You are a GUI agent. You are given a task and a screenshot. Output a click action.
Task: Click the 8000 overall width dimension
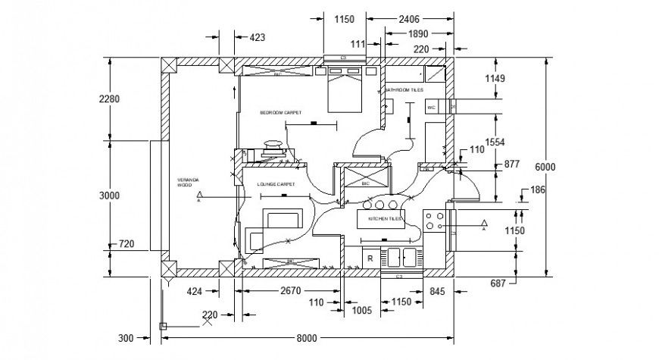point(306,338)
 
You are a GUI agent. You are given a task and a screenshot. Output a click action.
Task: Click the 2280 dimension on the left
point(110,99)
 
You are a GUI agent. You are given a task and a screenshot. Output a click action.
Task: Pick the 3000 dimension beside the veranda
point(110,195)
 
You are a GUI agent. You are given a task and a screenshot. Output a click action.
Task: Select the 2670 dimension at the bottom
point(292,290)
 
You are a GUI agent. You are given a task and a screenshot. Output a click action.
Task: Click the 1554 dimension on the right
point(495,142)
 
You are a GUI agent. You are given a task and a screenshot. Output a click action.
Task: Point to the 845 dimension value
point(437,290)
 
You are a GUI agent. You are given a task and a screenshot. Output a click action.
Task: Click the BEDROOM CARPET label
point(280,112)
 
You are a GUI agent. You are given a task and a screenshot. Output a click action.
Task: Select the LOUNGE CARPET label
point(276,184)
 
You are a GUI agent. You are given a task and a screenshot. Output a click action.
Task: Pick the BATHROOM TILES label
point(404,90)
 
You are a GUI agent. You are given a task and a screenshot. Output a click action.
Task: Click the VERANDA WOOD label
point(188,182)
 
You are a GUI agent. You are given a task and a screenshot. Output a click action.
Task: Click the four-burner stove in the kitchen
point(434,221)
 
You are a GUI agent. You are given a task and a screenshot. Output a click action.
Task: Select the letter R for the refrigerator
point(370,258)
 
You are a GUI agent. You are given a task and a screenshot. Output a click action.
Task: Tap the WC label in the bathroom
point(432,108)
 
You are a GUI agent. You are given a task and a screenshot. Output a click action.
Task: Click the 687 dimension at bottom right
point(498,283)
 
